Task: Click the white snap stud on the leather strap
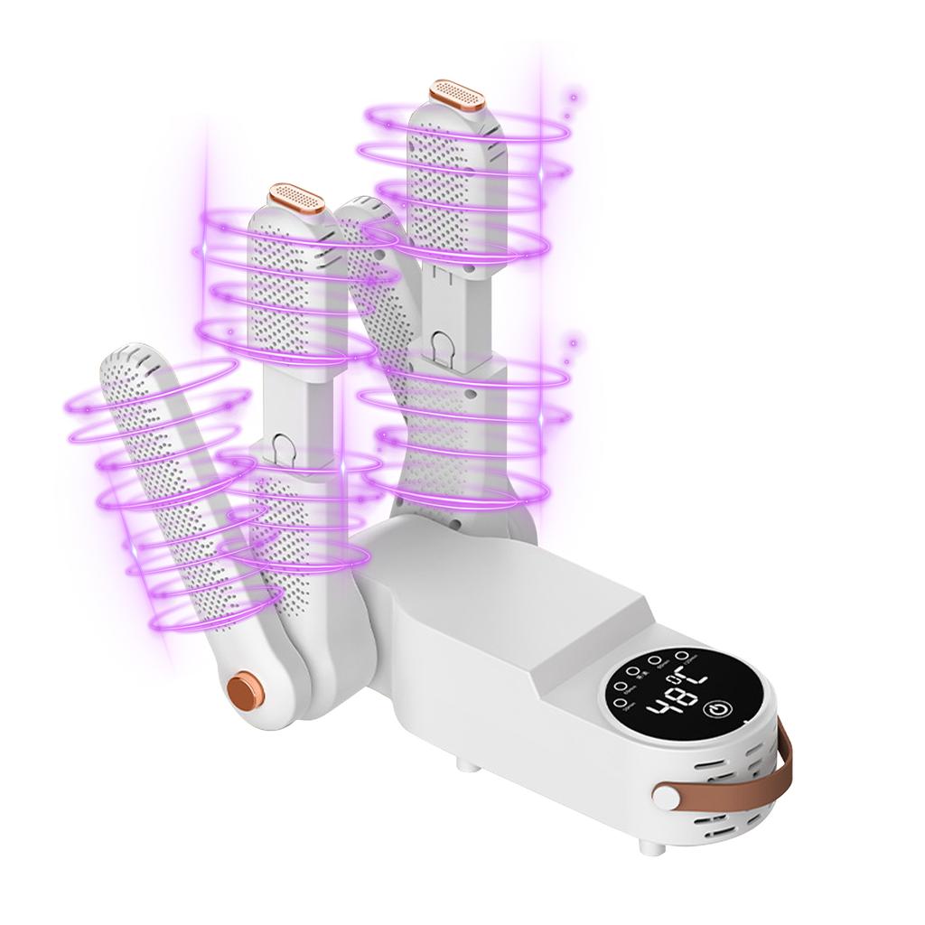tap(666, 798)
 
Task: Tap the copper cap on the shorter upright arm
tap(297, 197)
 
